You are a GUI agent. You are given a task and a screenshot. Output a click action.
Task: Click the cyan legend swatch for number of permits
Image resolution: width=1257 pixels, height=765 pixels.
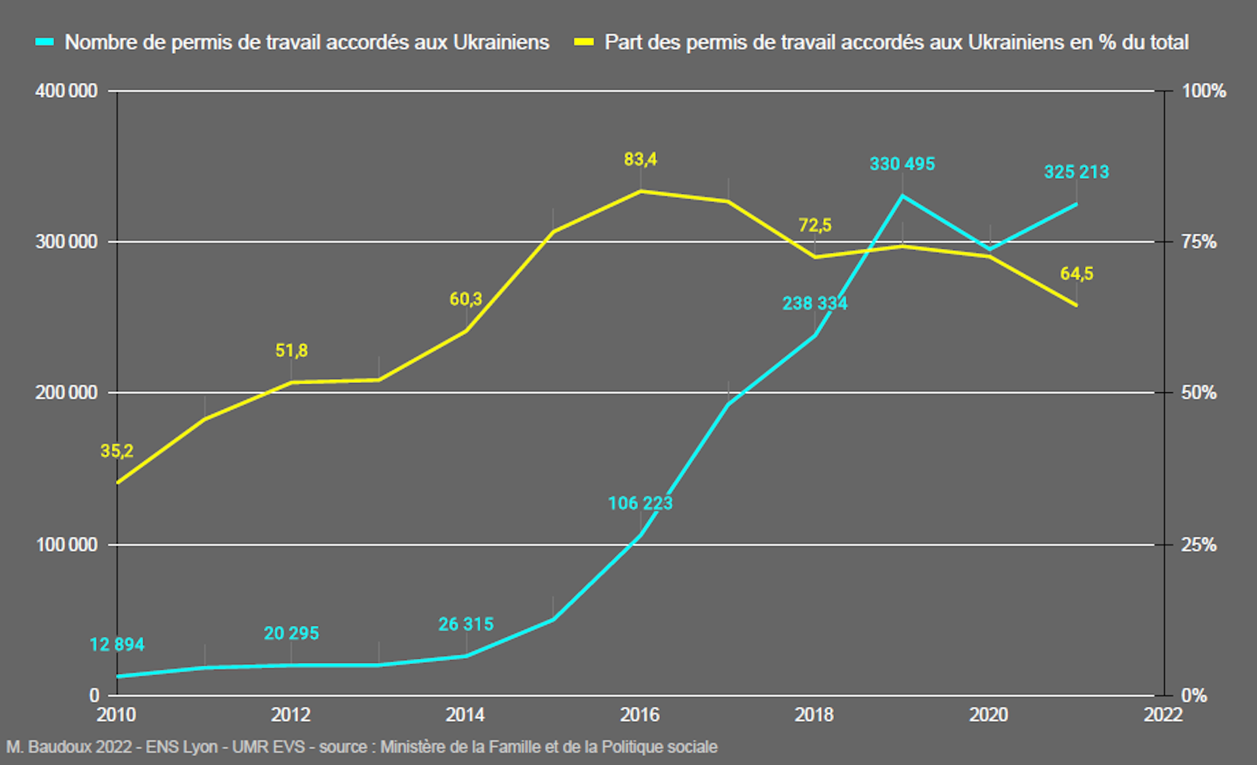45,42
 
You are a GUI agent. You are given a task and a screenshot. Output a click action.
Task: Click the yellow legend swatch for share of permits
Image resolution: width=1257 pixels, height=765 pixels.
583,42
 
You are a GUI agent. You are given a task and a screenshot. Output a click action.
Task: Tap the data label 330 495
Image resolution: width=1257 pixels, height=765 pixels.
902,164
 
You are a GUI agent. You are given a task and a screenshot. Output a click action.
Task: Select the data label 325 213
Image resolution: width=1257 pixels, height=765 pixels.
1076,172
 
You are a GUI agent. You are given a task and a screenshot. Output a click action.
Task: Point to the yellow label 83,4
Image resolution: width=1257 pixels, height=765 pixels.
640,159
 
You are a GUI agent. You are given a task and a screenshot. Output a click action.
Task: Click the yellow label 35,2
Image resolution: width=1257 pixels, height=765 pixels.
117,451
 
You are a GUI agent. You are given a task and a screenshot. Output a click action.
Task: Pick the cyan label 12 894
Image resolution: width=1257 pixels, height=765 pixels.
117,644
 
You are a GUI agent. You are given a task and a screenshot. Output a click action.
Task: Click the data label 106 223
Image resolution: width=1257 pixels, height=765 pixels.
640,503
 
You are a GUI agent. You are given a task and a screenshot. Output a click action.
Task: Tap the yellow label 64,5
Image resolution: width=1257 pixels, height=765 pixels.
1076,274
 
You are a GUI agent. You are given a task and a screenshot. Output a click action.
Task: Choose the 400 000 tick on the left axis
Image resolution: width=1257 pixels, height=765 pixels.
66,91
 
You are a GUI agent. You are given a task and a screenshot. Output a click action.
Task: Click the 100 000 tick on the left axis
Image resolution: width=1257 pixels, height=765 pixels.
66,544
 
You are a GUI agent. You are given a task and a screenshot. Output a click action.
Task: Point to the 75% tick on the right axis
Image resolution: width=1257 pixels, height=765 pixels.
1199,242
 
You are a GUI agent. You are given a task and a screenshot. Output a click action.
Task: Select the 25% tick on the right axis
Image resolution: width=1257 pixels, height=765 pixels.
1199,544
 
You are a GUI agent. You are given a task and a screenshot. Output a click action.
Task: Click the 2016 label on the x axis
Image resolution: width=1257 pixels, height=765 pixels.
640,715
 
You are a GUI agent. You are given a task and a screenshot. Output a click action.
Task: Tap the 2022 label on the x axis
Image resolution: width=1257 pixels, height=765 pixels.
1163,715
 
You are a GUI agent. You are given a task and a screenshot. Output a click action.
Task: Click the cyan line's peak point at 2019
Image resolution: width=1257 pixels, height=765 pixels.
902,195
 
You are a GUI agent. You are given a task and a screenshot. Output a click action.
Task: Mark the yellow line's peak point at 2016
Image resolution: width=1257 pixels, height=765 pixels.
640,191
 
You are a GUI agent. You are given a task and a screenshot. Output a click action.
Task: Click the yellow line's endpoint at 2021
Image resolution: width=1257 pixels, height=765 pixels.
1076,305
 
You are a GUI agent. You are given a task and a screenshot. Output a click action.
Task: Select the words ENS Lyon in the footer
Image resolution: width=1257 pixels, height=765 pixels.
181,747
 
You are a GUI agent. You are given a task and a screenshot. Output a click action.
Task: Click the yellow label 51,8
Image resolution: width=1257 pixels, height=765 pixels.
291,350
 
